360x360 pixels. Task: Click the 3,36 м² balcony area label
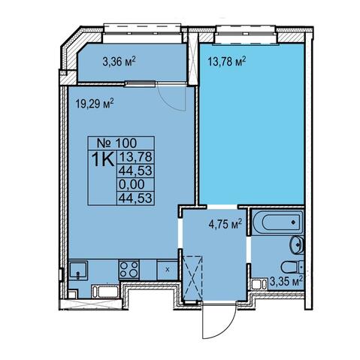[119, 62]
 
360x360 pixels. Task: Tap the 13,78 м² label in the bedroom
[227, 62]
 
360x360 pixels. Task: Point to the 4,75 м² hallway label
[225, 224]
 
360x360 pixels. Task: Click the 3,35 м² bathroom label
[286, 282]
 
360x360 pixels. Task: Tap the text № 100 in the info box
[116, 144]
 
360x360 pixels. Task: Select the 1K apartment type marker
[103, 159]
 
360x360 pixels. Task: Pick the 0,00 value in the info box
[132, 184]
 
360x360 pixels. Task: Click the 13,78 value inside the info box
[136, 157]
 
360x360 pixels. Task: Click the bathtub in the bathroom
[277, 222]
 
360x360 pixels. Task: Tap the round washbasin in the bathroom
[297, 245]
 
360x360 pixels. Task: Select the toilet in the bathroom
[292, 268]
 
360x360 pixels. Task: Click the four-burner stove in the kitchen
[129, 269]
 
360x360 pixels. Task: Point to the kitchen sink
[78, 271]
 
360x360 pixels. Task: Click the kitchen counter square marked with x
[168, 270]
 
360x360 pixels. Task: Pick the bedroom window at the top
[247, 35]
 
